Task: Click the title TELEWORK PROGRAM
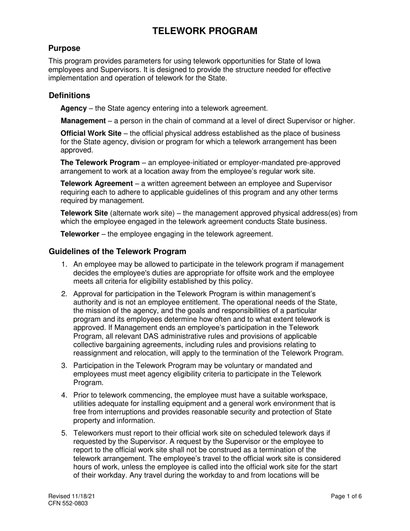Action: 205,31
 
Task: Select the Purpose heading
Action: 64,48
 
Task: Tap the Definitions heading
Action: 69,95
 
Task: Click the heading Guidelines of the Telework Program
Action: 117,251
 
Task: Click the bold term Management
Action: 83,121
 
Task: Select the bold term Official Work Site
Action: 91,133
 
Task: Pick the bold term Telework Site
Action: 84,213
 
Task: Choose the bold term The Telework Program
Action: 100,163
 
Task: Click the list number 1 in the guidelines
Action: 64,265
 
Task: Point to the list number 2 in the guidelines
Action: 64,294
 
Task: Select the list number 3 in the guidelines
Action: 64,366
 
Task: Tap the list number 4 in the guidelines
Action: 64,395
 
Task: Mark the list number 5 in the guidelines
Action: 64,433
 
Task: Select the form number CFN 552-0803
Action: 68,503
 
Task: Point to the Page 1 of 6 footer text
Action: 346,496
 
